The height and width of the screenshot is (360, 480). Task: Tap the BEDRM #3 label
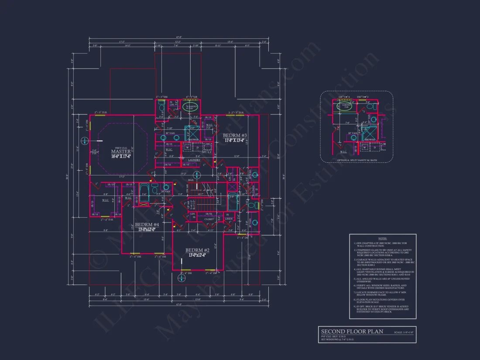click(x=235, y=135)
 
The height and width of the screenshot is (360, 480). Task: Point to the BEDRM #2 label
click(x=197, y=250)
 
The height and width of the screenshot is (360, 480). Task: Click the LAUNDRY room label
click(x=194, y=160)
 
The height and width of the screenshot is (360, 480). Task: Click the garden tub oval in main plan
click(x=192, y=106)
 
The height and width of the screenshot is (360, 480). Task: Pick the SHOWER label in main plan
click(x=193, y=140)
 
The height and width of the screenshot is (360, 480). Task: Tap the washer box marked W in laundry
click(x=188, y=148)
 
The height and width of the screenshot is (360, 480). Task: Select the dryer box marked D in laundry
click(x=198, y=148)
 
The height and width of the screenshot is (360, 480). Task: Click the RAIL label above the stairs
click(x=191, y=179)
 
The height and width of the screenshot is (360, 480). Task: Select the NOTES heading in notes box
click(x=382, y=238)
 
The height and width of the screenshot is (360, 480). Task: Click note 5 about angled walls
click(x=382, y=280)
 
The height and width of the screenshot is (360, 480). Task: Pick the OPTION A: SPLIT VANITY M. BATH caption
click(x=357, y=161)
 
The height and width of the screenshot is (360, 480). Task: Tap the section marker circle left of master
click(x=85, y=141)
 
